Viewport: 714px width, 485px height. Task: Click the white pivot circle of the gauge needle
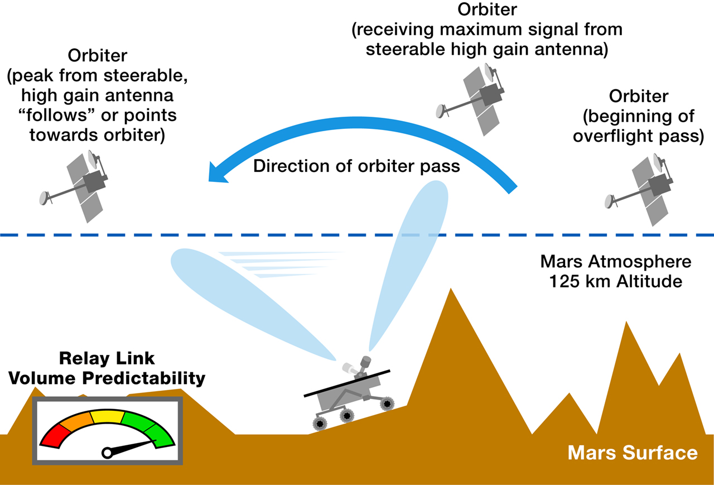pos(106,453)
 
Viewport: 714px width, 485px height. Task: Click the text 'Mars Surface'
pos(632,452)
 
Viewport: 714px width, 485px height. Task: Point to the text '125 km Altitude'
pos(615,281)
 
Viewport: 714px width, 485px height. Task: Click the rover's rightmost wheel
pos(386,402)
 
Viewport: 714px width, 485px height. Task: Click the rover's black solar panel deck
pos(346,383)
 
